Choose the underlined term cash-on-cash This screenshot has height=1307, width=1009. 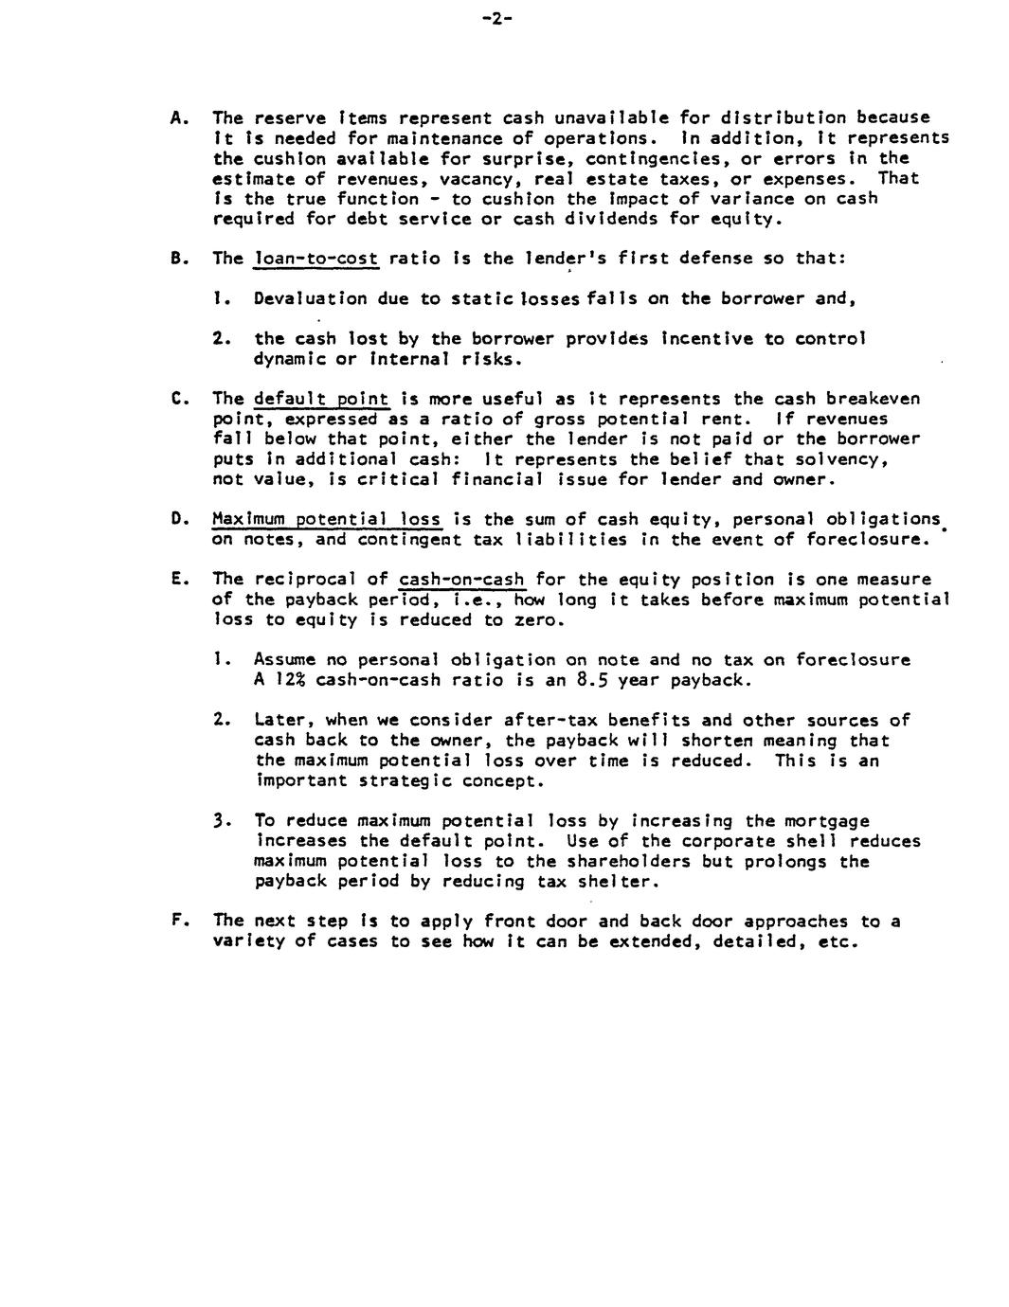pyautogui.click(x=461, y=579)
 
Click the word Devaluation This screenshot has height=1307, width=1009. pyautogui.click(x=310, y=298)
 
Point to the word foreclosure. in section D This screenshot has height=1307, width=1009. pyautogui.click(x=866, y=539)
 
